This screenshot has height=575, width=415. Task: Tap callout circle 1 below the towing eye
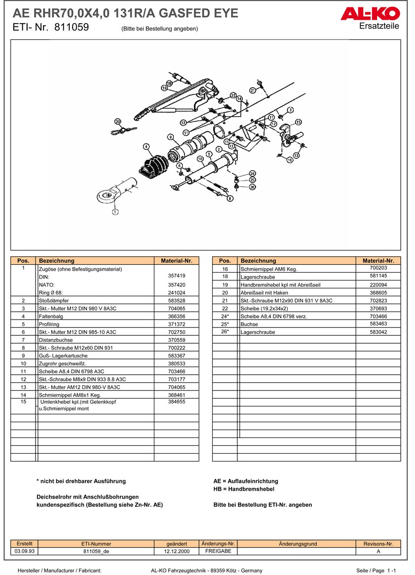115,212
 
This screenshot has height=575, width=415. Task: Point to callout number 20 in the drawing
117,121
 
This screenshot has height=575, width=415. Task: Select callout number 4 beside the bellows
146,146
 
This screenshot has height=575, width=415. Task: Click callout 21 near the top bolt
253,90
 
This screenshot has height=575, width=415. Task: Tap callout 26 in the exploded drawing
252,187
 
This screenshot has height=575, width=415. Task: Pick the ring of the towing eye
105,196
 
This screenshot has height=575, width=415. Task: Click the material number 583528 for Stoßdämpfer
176,300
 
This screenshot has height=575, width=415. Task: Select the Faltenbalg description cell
96,316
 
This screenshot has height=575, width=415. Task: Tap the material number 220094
378,285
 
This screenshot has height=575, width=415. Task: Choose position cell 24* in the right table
225,316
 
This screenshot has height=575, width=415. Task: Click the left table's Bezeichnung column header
96,260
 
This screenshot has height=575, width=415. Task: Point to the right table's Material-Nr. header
378,260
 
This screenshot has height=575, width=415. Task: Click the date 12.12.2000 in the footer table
176,551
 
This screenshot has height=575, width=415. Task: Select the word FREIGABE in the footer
218,551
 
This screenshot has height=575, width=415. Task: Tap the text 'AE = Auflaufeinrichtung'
246,481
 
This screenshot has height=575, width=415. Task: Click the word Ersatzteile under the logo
379,26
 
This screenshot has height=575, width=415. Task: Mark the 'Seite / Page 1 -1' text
377,570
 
